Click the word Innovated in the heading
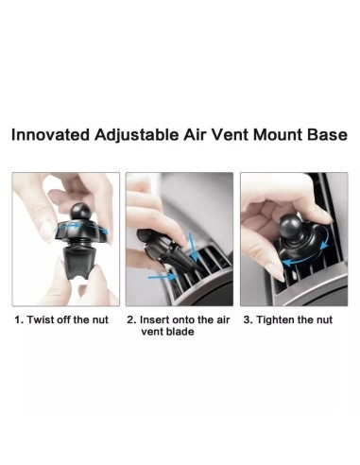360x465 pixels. (x=50, y=135)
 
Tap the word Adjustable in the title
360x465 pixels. (x=136, y=136)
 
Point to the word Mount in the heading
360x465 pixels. (x=277, y=135)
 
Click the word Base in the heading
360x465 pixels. (x=327, y=135)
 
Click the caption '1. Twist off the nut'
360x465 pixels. (x=61, y=319)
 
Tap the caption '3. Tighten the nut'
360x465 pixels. (x=288, y=319)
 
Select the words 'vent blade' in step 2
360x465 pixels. (x=167, y=332)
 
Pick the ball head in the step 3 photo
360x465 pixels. (x=290, y=226)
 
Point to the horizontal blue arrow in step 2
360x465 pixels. (x=162, y=277)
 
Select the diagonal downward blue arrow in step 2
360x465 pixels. (x=193, y=248)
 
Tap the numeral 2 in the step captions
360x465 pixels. (x=129, y=319)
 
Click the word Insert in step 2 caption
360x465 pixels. (x=153, y=319)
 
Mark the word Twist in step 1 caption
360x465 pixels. (x=38, y=319)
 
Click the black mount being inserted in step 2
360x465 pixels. (x=163, y=249)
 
